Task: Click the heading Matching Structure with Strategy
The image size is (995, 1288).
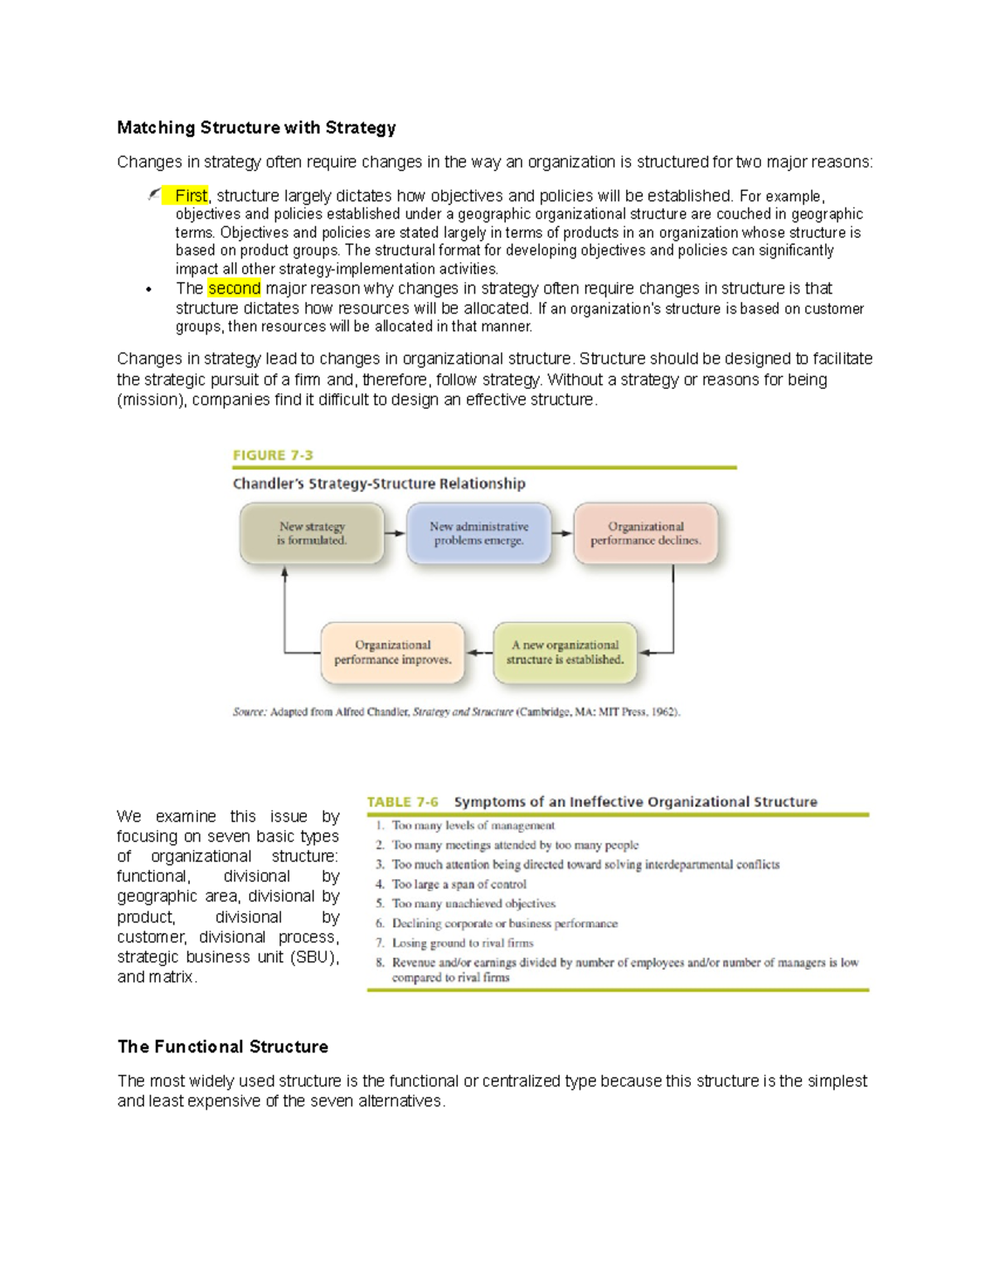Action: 256,128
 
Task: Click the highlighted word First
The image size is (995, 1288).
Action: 190,196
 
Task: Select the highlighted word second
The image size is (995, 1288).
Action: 234,289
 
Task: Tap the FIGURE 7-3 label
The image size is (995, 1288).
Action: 272,455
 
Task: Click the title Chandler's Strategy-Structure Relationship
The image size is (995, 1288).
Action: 379,484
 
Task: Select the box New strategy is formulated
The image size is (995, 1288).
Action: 312,533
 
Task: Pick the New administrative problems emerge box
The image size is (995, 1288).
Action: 478,533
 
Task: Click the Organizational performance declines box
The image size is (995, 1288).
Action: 645,533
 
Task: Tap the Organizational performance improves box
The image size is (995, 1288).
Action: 392,653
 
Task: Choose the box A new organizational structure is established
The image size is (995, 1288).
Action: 565,653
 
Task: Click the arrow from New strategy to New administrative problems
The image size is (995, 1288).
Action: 396,533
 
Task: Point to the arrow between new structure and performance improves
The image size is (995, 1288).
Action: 478,653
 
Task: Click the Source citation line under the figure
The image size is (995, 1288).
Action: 456,712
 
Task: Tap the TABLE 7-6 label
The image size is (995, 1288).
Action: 402,802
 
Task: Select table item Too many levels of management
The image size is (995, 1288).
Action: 473,826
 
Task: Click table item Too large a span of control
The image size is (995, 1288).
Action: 459,885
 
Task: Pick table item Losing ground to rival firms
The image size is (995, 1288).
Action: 462,943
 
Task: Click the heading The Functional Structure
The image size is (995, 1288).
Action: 222,1047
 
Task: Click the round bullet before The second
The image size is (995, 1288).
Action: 148,289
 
